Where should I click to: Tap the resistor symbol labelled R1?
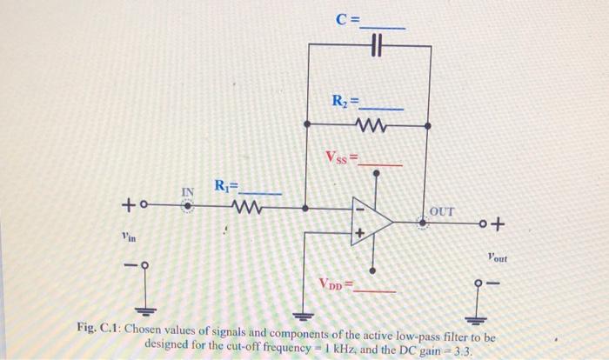(244, 208)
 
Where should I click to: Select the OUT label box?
(443, 210)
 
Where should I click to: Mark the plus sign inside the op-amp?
(358, 234)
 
